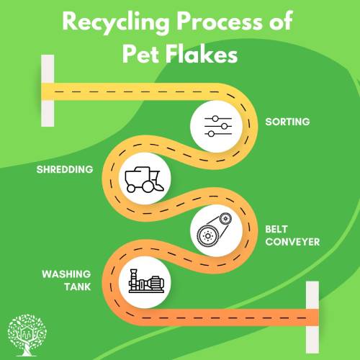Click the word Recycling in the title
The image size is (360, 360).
[116, 23]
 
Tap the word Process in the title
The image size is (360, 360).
[220, 22]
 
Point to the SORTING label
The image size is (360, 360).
[287, 122]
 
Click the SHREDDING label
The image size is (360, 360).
[65, 169]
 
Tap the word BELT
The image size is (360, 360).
[276, 229]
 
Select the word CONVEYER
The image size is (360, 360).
[292, 242]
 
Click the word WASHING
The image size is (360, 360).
[66, 274]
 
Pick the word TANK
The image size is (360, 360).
[78, 287]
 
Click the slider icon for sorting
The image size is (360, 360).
[218, 126]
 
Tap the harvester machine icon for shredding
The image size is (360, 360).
[144, 180]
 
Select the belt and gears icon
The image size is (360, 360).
[215, 230]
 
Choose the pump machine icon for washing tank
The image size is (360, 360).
[146, 281]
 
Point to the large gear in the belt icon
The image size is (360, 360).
[207, 236]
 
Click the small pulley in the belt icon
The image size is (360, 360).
[225, 219]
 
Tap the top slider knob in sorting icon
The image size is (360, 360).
[215, 119]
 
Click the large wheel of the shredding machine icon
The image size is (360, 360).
[148, 186]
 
